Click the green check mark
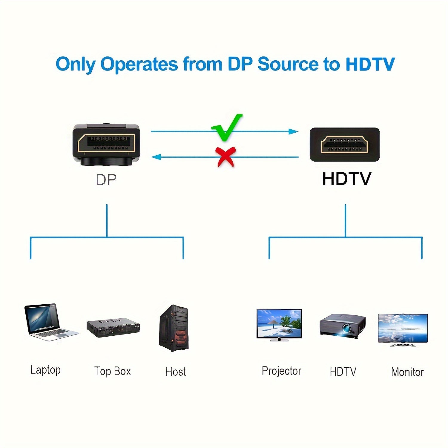click(x=226, y=128)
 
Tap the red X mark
click(x=226, y=157)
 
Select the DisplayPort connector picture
click(x=106, y=145)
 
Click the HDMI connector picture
click(x=345, y=145)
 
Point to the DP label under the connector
click(x=106, y=179)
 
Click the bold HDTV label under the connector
click(x=346, y=179)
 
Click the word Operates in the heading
click(x=139, y=65)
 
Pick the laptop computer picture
click(x=50, y=322)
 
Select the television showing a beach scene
click(x=279, y=325)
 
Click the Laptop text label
click(x=46, y=370)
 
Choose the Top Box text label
click(x=113, y=371)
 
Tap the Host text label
click(x=176, y=372)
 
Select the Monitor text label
click(x=407, y=372)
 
